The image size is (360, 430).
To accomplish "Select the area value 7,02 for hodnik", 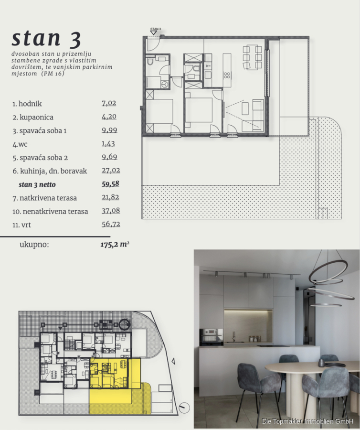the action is pyautogui.click(x=109, y=103).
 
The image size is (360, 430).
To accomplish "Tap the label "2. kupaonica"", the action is pyautogui.click(x=33, y=118).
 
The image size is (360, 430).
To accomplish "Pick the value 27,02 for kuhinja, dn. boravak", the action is pyautogui.click(x=111, y=170).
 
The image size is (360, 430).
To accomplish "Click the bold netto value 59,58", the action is pyautogui.click(x=110, y=184).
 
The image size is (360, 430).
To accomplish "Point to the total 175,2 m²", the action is pyautogui.click(x=115, y=244).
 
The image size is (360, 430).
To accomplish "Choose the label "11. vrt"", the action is pyautogui.click(x=21, y=225).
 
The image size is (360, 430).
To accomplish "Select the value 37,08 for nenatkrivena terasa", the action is pyautogui.click(x=111, y=211).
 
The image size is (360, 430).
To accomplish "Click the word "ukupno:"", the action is pyautogui.click(x=34, y=245).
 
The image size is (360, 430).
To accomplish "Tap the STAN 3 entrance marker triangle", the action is pyautogui.click(x=154, y=32).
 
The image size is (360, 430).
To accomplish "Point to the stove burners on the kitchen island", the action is pyautogui.click(x=227, y=75).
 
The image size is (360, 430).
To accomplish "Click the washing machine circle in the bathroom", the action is pyautogui.click(x=164, y=85).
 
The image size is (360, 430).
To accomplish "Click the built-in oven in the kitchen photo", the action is pyautogui.click(x=211, y=336).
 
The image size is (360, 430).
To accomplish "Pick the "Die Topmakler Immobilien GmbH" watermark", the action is pyautogui.click(x=307, y=421).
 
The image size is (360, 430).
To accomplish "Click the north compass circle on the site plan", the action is pyautogui.click(x=184, y=408).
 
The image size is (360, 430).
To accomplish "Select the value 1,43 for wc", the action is pyautogui.click(x=108, y=143).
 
